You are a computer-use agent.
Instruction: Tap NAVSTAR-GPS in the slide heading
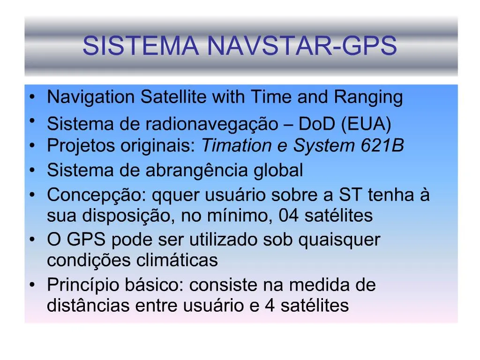pos(301,45)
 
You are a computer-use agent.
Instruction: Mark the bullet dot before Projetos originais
pos(31,146)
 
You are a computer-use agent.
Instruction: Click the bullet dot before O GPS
pos(31,240)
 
